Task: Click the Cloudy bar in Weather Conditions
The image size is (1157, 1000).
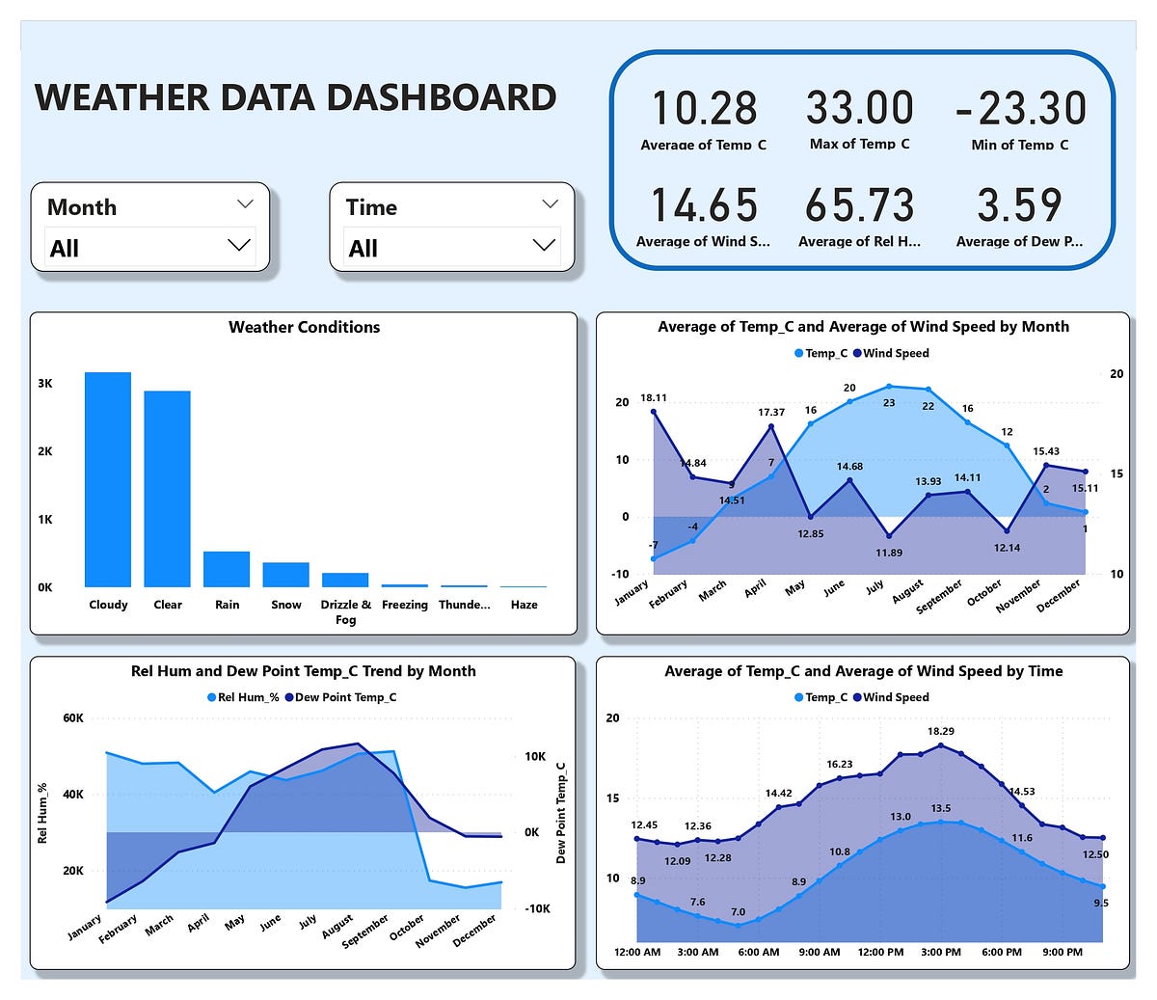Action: tap(108, 479)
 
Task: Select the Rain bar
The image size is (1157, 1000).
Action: tap(227, 569)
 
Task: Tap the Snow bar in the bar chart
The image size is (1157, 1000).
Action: tap(286, 575)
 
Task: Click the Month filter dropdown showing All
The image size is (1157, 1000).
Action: tap(149, 247)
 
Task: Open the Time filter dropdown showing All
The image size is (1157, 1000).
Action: tap(451, 247)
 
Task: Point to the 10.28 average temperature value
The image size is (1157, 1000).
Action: tap(704, 108)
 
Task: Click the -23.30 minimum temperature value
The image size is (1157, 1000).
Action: tap(1020, 108)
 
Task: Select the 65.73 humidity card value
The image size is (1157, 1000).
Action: tap(859, 205)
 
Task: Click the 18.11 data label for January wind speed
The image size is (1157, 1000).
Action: tap(654, 397)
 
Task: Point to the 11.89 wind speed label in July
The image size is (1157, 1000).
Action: tap(889, 553)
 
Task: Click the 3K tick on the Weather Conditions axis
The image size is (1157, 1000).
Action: tap(45, 383)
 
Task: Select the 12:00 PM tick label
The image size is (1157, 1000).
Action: tap(879, 952)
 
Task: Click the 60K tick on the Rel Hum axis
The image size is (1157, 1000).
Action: tap(72, 718)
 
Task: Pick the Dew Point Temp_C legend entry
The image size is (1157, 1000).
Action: tap(345, 697)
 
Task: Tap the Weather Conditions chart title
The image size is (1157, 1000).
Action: tap(304, 327)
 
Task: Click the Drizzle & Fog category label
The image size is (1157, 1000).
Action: tap(345, 611)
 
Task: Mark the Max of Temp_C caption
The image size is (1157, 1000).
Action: tap(859, 144)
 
